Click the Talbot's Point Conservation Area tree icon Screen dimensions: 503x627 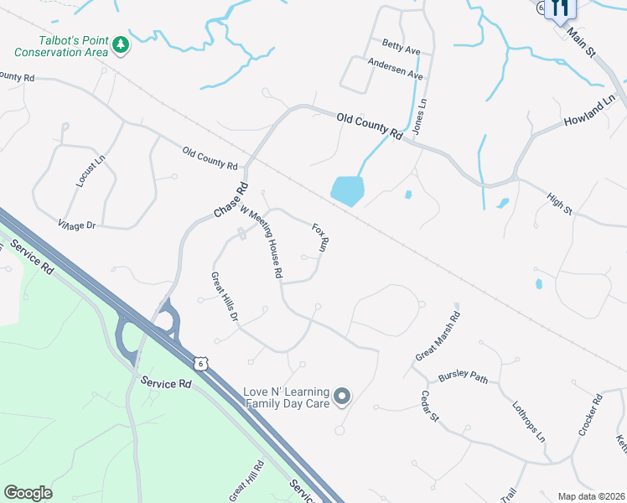(121, 44)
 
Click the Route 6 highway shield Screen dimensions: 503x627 (199, 362)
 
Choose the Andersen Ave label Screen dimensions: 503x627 (395, 69)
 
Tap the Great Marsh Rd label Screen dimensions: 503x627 (438, 337)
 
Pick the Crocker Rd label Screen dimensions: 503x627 (590, 415)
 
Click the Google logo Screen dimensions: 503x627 (28, 493)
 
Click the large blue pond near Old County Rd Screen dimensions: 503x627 (347, 190)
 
